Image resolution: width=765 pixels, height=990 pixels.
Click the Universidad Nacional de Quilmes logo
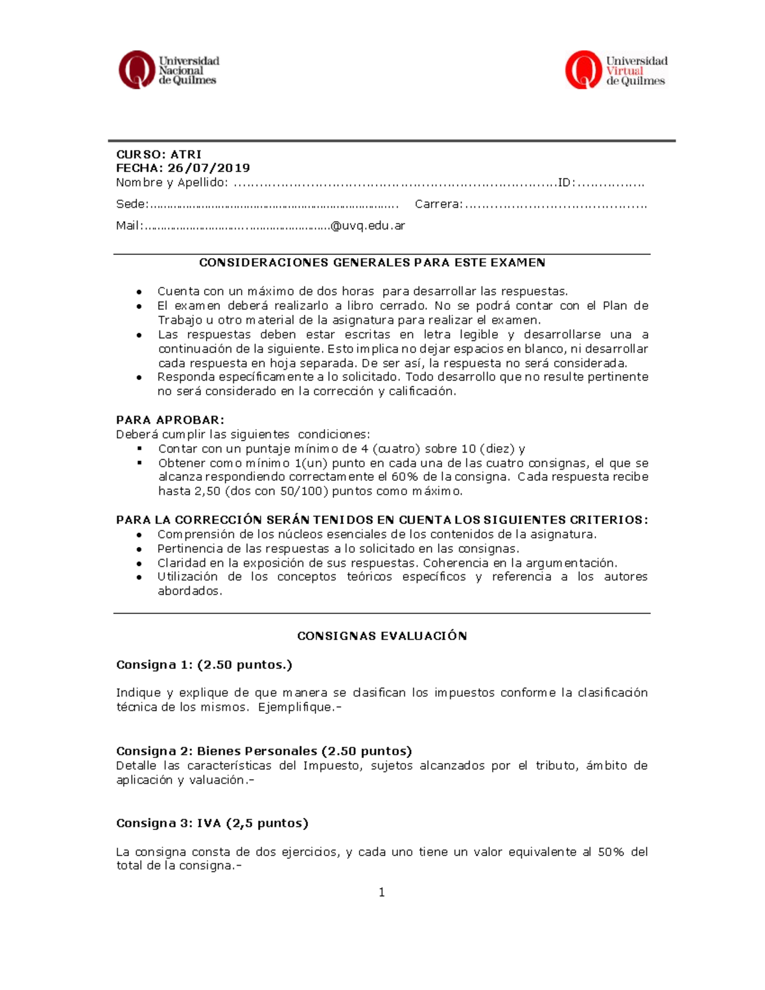click(168, 70)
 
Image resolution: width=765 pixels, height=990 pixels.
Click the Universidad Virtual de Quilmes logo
click(616, 70)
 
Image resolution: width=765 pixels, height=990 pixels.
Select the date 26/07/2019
click(208, 168)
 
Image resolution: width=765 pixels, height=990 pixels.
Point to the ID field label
click(565, 183)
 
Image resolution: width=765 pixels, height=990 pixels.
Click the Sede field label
click(131, 204)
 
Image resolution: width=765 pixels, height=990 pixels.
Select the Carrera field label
click(438, 204)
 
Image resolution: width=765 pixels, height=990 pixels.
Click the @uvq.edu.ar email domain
click(367, 226)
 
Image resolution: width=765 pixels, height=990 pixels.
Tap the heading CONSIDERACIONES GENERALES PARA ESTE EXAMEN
click(372, 263)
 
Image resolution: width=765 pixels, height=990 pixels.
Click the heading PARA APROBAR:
click(170, 420)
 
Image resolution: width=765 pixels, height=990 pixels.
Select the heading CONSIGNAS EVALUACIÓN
click(382, 636)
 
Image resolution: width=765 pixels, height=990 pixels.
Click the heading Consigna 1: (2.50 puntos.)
click(204, 665)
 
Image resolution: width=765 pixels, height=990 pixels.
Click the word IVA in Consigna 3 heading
click(209, 823)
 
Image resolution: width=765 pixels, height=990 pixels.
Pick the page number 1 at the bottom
click(381, 893)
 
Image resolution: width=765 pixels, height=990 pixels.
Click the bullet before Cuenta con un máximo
click(138, 292)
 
